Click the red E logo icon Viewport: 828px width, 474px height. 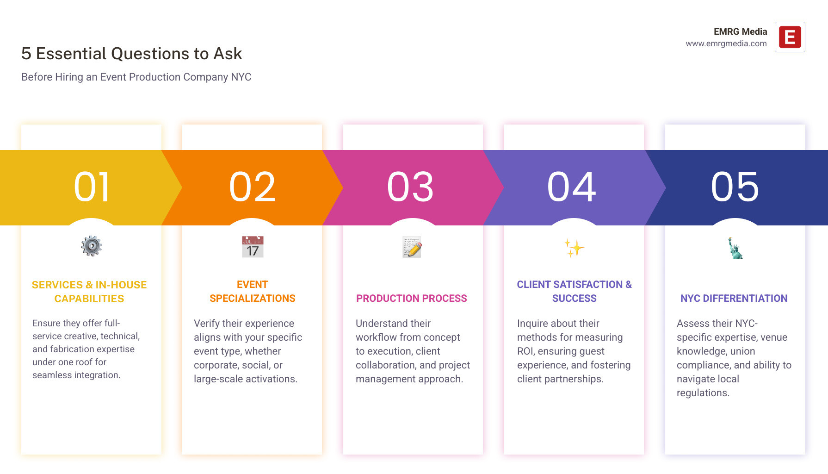coord(790,37)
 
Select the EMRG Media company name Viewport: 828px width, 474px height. coord(740,31)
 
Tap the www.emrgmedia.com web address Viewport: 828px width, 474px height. coord(726,44)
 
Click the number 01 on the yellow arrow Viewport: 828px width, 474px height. coord(92,187)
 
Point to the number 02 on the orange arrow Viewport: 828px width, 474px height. coord(252,187)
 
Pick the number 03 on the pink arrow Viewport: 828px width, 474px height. coord(410,187)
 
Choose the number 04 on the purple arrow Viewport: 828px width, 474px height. coord(572,187)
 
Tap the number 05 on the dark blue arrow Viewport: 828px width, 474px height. coord(735,187)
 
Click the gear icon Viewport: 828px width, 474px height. coord(92,246)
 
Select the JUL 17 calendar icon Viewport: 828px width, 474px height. coord(253,247)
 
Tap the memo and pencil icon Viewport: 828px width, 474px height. coord(412,247)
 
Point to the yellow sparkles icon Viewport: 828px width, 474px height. coord(574,248)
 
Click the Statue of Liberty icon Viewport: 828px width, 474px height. coord(734,248)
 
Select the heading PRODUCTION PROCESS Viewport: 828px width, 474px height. coord(411,299)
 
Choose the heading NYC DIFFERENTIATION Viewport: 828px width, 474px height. coord(734,299)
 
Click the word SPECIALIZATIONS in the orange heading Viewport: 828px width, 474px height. coord(253,299)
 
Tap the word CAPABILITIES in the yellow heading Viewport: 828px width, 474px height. coord(89,299)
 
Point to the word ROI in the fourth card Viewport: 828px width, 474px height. coord(525,351)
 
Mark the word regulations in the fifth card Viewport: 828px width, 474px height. coord(703,393)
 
